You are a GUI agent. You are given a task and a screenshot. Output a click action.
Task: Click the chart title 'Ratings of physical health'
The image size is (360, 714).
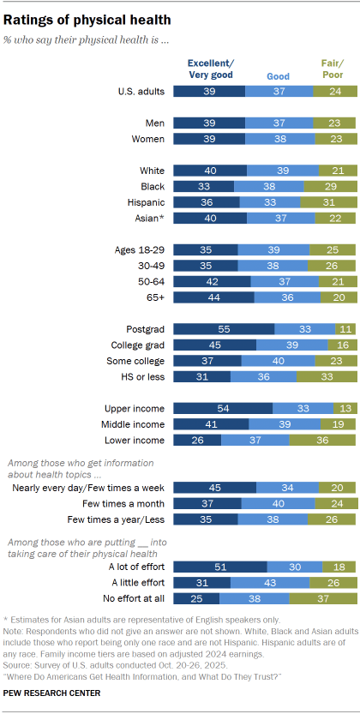[87, 18]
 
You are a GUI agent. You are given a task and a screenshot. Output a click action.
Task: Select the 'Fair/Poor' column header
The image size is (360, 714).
[333, 69]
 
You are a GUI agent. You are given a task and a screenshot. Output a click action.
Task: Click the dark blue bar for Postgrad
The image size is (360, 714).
[224, 328]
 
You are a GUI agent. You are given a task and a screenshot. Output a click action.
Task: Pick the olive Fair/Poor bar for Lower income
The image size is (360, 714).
[321, 440]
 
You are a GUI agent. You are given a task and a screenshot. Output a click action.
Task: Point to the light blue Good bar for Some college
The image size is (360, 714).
[277, 361]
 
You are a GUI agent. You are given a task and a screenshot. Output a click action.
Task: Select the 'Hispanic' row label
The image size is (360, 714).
[142, 201]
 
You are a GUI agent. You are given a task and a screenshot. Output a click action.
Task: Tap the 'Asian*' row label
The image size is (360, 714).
[146, 218]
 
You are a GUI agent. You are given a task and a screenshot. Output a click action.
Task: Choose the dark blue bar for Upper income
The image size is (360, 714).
[223, 408]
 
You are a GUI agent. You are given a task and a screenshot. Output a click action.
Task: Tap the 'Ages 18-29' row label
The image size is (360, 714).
[138, 249]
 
